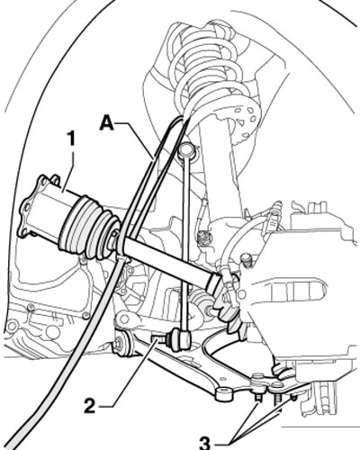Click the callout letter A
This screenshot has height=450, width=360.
click(x=107, y=123)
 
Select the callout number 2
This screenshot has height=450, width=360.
click(x=90, y=406)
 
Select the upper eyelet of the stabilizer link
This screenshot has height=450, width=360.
click(x=186, y=150)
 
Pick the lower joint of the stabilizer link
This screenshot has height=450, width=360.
click(x=180, y=338)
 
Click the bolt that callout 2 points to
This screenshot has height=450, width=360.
click(x=161, y=339)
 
